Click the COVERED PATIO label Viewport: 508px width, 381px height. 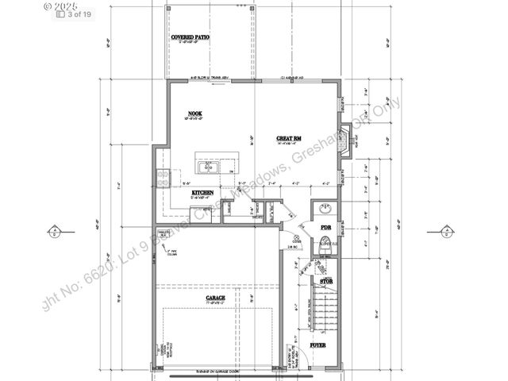pyautogui.click(x=190, y=37)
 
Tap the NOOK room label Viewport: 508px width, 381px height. pyautogui.click(x=194, y=114)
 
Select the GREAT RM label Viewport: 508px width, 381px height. pyautogui.click(x=288, y=138)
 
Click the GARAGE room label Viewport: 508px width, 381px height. pyautogui.click(x=215, y=298)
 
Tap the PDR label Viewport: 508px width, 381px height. pyautogui.click(x=325, y=227)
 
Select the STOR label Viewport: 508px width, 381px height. pyautogui.click(x=325, y=281)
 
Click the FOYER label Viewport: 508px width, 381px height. pyautogui.click(x=318, y=346)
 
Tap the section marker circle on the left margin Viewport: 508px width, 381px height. pyautogui.click(x=52, y=233)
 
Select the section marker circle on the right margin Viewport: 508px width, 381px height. pyautogui.click(x=449, y=233)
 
